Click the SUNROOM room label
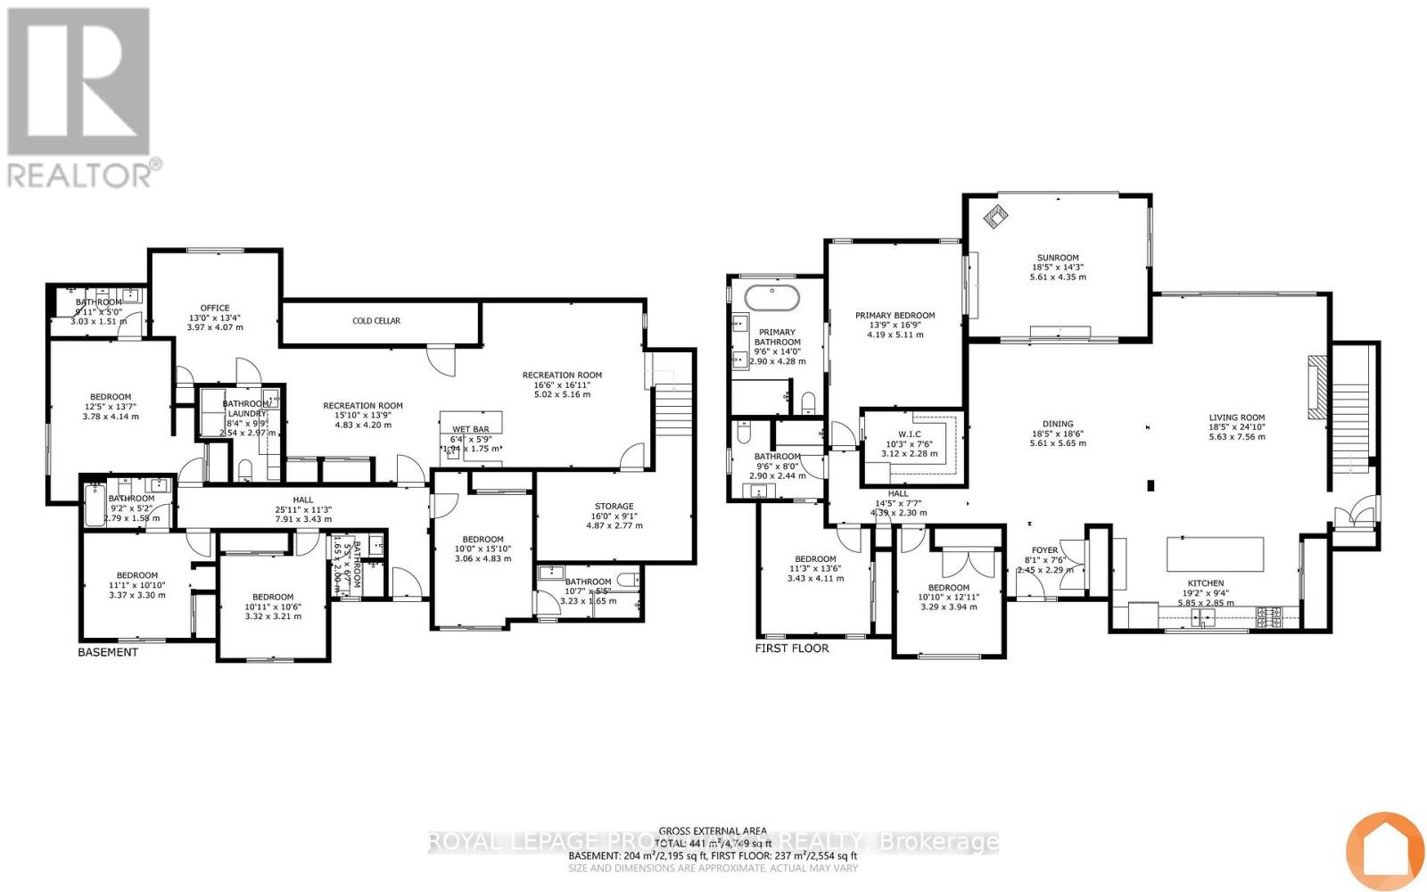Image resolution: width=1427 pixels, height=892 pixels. point(1058,258)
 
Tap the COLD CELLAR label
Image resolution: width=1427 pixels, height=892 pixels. point(376,321)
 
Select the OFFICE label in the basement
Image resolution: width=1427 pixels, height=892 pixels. point(214,308)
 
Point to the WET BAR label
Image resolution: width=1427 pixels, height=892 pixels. point(470,429)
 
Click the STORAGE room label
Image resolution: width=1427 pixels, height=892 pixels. point(614,507)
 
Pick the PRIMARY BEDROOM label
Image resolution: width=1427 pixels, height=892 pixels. point(895,315)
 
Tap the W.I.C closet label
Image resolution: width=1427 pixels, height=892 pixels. point(910,434)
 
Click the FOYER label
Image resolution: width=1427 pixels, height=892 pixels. point(1044,550)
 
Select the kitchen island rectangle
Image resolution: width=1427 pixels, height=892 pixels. point(1216,554)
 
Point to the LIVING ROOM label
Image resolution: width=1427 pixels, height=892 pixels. point(1236,417)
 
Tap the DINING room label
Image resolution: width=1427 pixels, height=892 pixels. point(1058,425)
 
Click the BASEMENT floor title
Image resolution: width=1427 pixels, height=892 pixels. point(108,652)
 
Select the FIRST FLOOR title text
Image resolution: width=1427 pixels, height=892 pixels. point(792,648)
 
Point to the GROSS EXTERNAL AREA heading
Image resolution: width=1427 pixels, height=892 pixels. point(713,830)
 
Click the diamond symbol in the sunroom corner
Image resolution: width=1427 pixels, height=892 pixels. point(994,215)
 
